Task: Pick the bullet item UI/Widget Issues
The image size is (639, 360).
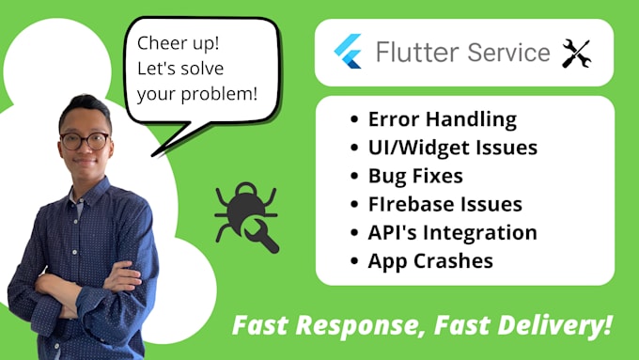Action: (x=452, y=148)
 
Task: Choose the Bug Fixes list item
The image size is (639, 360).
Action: (x=414, y=175)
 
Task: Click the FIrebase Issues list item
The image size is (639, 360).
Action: (x=444, y=203)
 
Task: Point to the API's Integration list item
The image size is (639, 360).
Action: (x=452, y=231)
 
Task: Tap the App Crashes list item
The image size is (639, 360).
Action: (x=430, y=259)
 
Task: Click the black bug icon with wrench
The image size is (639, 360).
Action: (x=246, y=216)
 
